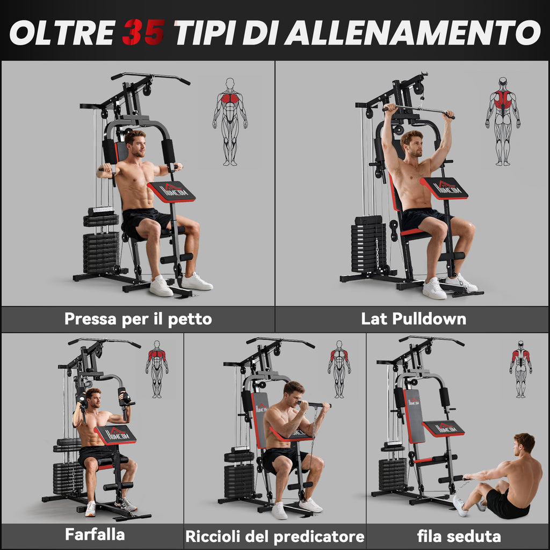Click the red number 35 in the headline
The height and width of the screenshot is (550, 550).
pyautogui.click(x=143, y=32)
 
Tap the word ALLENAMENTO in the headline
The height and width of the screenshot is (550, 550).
pyautogui.click(x=412, y=32)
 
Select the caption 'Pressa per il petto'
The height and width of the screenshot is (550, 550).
pyautogui.click(x=138, y=319)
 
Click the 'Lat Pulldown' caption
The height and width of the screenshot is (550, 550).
pyautogui.click(x=414, y=319)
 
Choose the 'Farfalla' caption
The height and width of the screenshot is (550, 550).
pyautogui.click(x=95, y=534)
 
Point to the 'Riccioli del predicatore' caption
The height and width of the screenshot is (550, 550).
pyautogui.click(x=274, y=537)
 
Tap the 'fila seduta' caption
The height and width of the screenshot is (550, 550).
pyautogui.click(x=459, y=536)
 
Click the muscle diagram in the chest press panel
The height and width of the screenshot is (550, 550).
pyautogui.click(x=230, y=122)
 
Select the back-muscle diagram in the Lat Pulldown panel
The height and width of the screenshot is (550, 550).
pyautogui.click(x=503, y=121)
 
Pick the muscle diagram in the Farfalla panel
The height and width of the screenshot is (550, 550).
pyautogui.click(x=157, y=369)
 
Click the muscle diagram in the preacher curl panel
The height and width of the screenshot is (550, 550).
pyautogui.click(x=339, y=369)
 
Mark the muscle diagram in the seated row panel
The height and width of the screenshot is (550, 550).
pyautogui.click(x=521, y=369)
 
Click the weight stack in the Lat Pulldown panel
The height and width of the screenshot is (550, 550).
pyautogui.click(x=368, y=244)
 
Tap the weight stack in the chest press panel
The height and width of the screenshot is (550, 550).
pyautogui.click(x=101, y=240)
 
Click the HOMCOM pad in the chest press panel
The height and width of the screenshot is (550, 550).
pyautogui.click(x=171, y=192)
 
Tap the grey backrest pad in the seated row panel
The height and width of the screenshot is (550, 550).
pyautogui.click(x=415, y=416)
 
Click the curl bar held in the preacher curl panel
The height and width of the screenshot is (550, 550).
pyautogui.click(x=314, y=405)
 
